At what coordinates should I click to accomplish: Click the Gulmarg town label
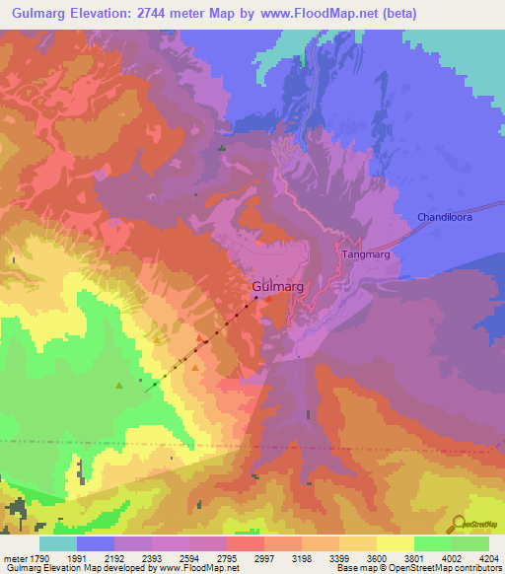click(x=274, y=286)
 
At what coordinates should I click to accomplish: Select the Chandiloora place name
click(x=445, y=217)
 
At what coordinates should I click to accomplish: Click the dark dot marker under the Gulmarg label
click(x=255, y=298)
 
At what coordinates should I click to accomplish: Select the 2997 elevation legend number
click(x=264, y=557)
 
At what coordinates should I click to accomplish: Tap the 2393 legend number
click(x=152, y=557)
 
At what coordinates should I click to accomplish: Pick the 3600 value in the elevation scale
click(x=377, y=557)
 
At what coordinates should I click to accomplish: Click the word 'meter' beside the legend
click(x=14, y=557)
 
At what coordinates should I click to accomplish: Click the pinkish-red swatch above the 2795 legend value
click(x=245, y=543)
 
